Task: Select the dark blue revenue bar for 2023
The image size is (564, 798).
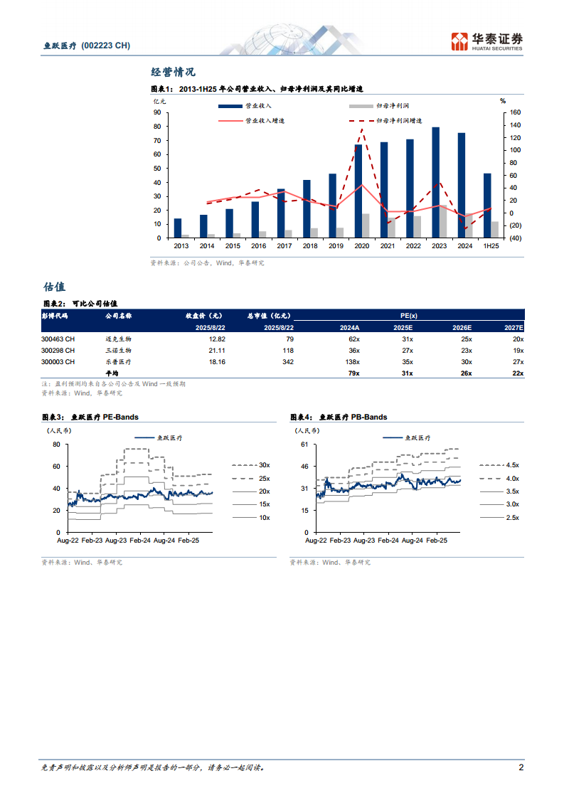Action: coord(436,182)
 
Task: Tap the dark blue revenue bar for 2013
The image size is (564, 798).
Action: coord(178,228)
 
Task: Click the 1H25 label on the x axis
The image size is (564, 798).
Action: coord(487,245)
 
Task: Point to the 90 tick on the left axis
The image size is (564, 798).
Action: coord(156,112)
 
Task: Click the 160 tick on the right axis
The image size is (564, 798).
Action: coord(516,112)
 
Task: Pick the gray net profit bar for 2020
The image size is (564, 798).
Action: coord(366,225)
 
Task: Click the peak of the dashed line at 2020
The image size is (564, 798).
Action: coord(362,129)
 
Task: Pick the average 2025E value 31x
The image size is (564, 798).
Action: coord(407,373)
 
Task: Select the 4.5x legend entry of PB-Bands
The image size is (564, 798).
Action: coord(512,465)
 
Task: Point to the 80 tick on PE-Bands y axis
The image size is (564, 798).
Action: coord(55,445)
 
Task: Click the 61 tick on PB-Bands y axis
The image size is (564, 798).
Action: coord(304,445)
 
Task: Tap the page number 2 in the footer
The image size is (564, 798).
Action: coord(521,768)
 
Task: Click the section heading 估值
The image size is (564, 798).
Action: coord(54,287)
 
